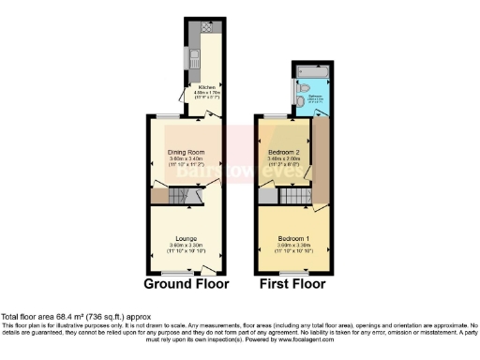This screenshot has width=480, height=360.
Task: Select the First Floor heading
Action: [x=292, y=283]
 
